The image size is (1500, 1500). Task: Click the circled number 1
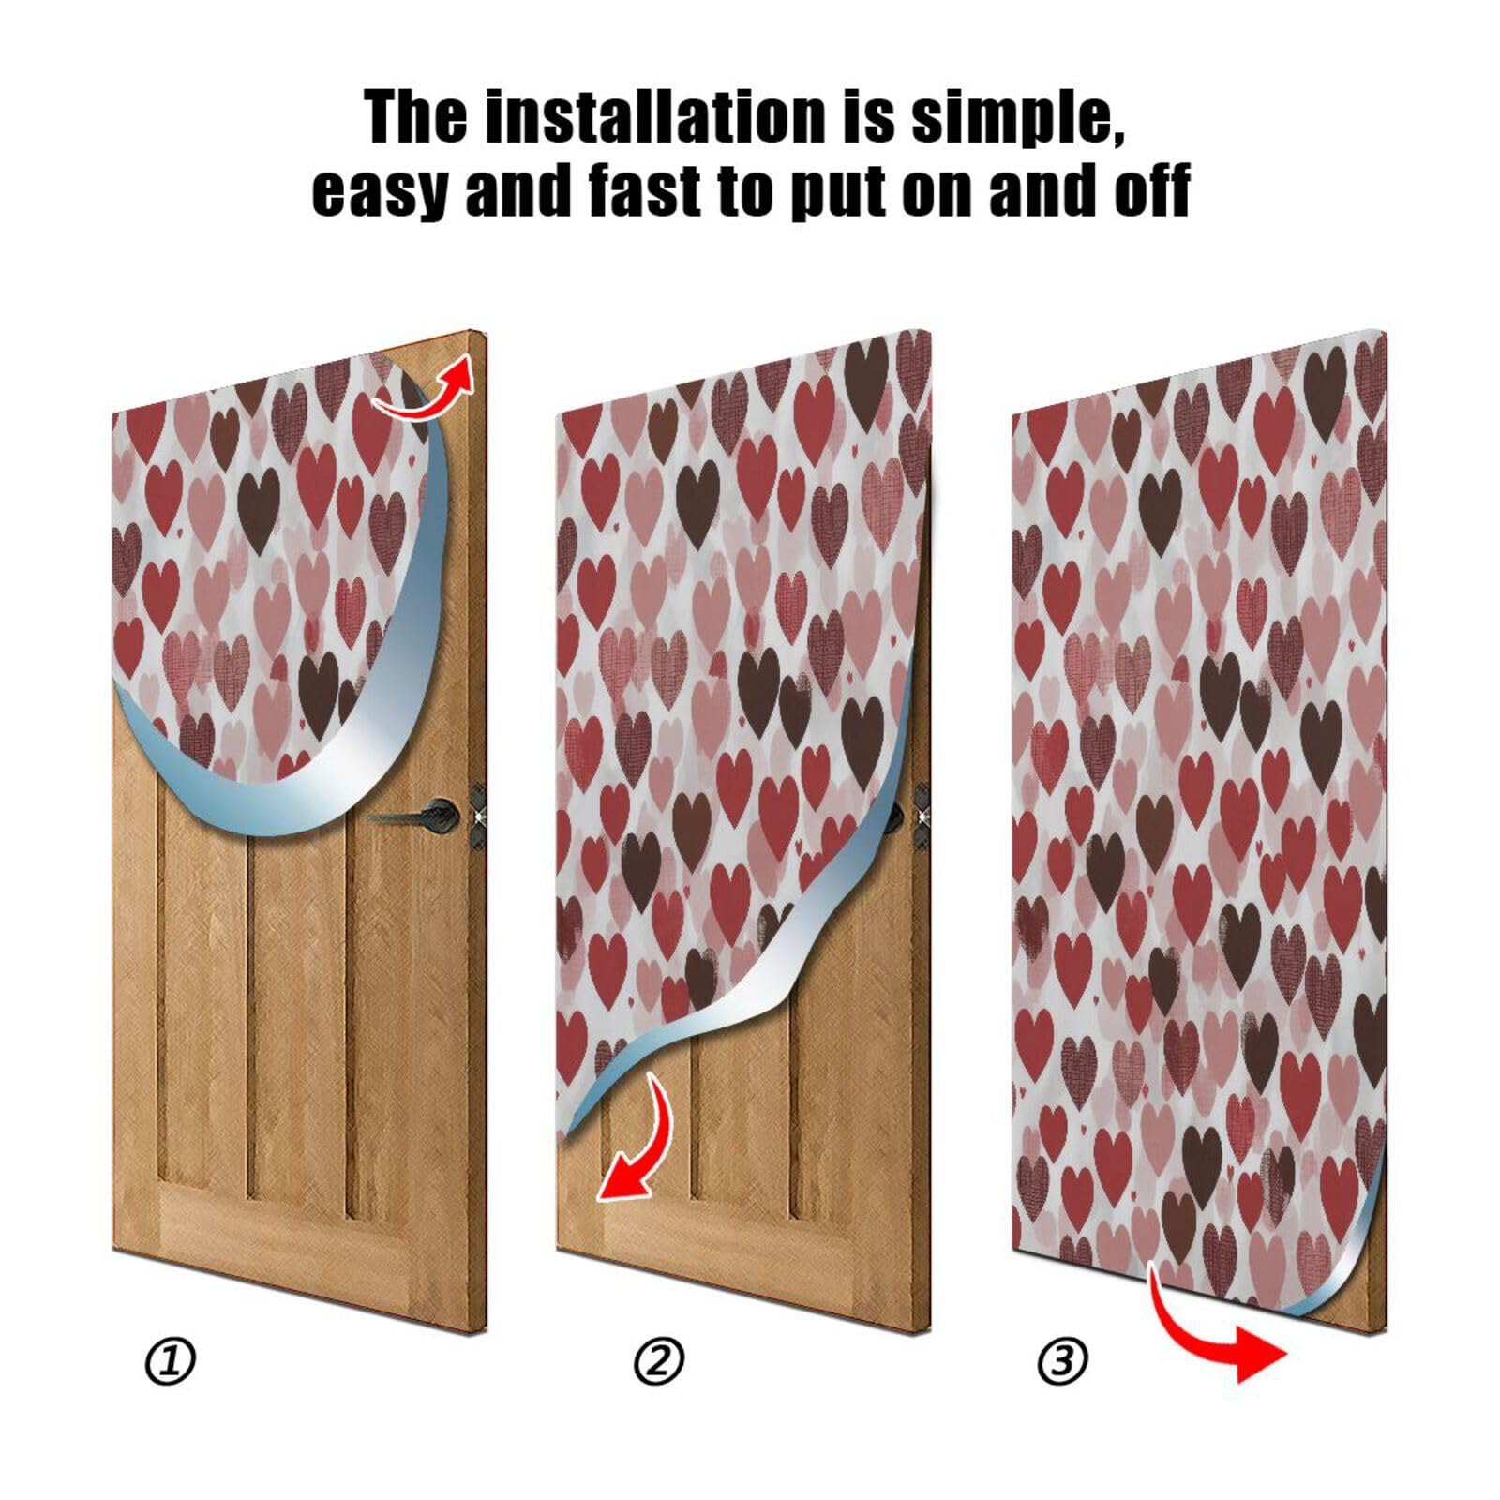click(x=171, y=1360)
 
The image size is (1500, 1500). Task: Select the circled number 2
click(x=659, y=1360)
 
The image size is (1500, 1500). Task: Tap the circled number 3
click(x=1062, y=1360)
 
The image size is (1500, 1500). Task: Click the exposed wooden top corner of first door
click(x=464, y=352)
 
